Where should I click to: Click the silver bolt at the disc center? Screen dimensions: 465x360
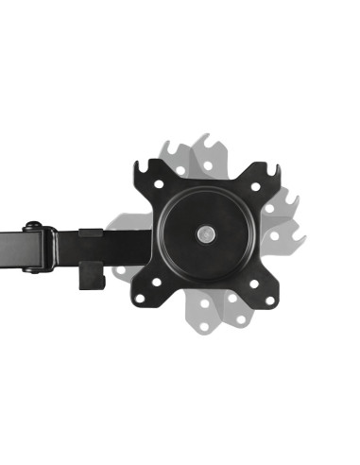(x=205, y=232)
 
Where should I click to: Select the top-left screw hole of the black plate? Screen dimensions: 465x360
(x=159, y=184)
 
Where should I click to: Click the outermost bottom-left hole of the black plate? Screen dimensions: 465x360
(x=140, y=298)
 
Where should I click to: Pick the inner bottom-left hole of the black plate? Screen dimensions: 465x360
(x=157, y=282)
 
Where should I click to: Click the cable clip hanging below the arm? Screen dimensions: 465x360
(x=92, y=276)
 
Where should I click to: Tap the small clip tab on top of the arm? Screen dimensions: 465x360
(x=91, y=232)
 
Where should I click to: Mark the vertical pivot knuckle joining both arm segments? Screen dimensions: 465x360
(x=50, y=248)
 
